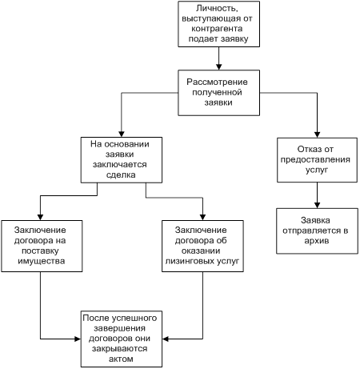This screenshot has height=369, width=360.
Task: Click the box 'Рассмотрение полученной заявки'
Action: pyautogui.click(x=218, y=93)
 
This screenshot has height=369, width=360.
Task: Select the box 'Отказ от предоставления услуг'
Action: pyautogui.click(x=317, y=160)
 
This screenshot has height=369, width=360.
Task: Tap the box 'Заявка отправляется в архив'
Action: pyautogui.click(x=317, y=231)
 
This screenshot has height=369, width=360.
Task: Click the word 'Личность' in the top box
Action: pyautogui.click(x=217, y=9)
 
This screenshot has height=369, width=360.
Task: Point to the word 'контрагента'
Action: pyautogui.click(x=217, y=29)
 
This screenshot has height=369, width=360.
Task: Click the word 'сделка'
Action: pyautogui.click(x=121, y=175)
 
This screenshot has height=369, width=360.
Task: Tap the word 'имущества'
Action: pyautogui.click(x=42, y=261)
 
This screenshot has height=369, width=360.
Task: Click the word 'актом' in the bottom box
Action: pyautogui.click(x=121, y=359)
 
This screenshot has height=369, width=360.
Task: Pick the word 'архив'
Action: pyautogui.click(x=317, y=241)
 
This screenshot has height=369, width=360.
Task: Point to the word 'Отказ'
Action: pyautogui.click(x=308, y=149)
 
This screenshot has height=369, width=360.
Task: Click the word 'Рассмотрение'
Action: pyautogui.click(x=217, y=82)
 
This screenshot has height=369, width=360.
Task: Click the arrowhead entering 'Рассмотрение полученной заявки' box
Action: pyautogui.click(x=218, y=66)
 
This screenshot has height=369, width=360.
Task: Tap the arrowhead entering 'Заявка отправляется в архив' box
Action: pyautogui.click(x=317, y=205)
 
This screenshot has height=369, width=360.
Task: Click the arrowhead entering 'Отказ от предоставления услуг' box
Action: pyautogui.click(x=317, y=134)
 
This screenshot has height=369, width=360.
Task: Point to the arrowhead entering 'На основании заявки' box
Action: pyautogui.click(x=122, y=134)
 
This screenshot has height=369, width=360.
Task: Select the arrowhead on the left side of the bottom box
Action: pyautogui.click(x=78, y=339)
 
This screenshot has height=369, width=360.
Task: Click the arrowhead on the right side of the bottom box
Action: pyautogui.click(x=166, y=339)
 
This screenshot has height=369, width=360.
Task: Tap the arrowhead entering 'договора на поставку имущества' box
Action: pyautogui.click(x=40, y=217)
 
